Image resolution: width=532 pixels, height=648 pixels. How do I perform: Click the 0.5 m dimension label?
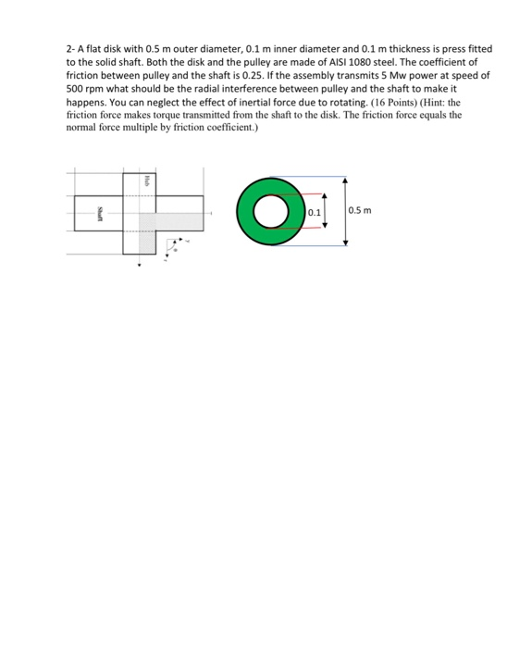tap(360, 210)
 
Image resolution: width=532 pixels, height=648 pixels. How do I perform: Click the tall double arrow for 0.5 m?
tap(345, 210)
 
